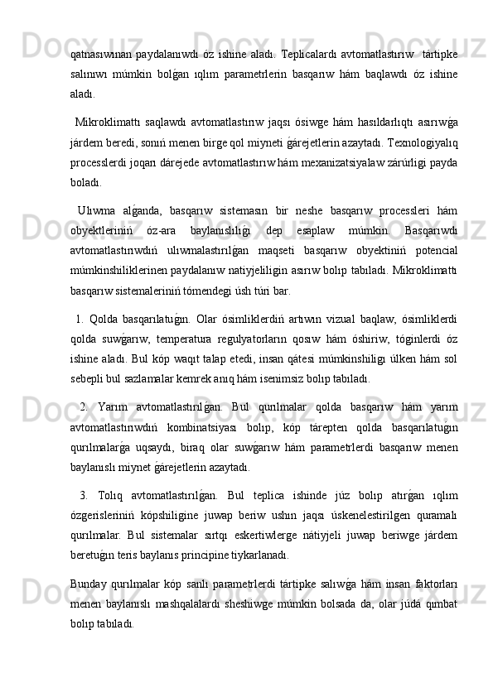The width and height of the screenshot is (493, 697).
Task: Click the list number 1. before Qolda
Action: click(x=79, y=320)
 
